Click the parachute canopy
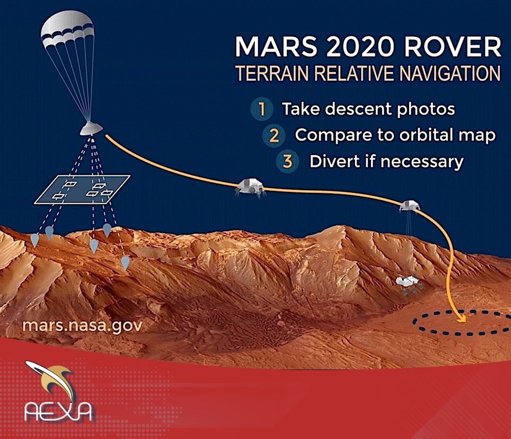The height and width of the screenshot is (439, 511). point(68,31)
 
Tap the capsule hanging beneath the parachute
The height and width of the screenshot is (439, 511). point(91,128)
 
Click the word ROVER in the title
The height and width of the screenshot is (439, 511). point(452,47)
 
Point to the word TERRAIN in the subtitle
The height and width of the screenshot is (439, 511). point(272,73)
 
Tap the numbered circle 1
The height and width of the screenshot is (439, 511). point(262,109)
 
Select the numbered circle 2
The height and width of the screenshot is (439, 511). point(274,135)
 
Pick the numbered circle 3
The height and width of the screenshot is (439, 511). point(288,161)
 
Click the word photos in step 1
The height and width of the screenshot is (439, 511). point(426,109)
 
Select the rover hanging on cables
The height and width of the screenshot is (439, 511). point(409,284)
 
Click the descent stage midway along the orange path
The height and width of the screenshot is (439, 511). point(250,188)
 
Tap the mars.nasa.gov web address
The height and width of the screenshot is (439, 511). point(82,325)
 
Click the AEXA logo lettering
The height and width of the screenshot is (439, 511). point(58,411)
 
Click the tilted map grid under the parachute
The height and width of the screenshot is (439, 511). point(82,190)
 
